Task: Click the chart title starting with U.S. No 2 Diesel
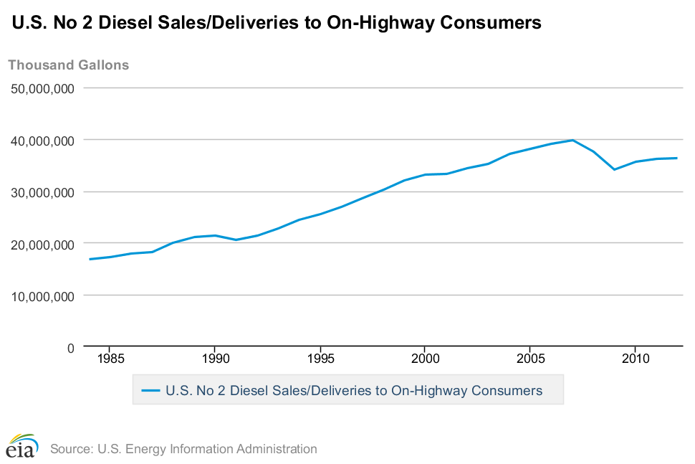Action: tap(276, 23)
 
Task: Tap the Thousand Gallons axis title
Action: tap(69, 65)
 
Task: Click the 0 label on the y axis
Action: tap(70, 348)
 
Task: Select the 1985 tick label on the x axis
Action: tap(110, 358)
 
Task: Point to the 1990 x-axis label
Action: tap(215, 358)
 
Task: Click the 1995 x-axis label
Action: tap(320, 358)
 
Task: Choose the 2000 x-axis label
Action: tap(425, 358)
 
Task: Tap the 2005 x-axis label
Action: tap(529, 358)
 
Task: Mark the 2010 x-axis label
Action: tap(635, 358)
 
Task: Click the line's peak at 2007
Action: tap(572, 140)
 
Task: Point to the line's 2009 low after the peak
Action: tap(614, 169)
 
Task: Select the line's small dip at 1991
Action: tap(236, 240)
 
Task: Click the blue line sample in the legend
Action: tap(150, 391)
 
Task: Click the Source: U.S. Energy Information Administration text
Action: tap(183, 449)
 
